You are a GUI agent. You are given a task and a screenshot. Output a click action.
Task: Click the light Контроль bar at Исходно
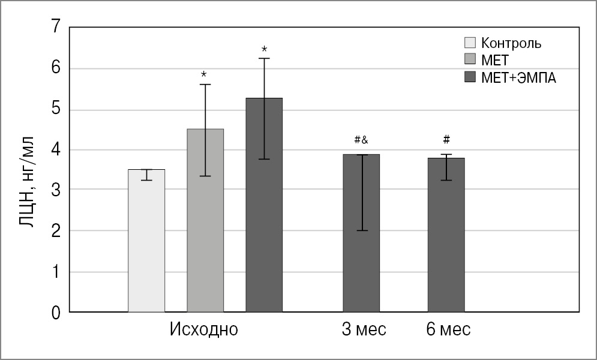pyautogui.click(x=146, y=241)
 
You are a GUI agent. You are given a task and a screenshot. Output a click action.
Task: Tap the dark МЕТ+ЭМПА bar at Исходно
pyautogui.click(x=264, y=205)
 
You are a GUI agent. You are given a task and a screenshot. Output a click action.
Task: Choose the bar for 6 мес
pyautogui.click(x=446, y=235)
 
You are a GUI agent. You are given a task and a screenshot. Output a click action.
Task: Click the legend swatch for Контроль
pyautogui.click(x=470, y=43)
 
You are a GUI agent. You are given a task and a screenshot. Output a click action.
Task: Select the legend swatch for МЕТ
pyautogui.click(x=470, y=60)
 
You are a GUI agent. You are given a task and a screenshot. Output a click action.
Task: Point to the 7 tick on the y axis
pyautogui.click(x=56, y=28)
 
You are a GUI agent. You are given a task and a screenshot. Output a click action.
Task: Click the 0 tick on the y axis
pyautogui.click(x=56, y=313)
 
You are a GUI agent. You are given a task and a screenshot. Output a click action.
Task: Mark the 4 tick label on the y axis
pyautogui.click(x=56, y=150)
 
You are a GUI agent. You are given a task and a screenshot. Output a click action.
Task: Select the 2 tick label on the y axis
pyautogui.click(x=56, y=232)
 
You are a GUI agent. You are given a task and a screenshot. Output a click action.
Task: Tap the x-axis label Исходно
pyautogui.click(x=204, y=330)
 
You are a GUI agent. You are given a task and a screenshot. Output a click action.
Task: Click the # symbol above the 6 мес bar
pyautogui.click(x=446, y=140)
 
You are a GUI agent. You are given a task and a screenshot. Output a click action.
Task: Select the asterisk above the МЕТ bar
pyautogui.click(x=205, y=75)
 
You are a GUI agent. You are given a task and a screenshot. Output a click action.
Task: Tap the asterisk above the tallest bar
pyautogui.click(x=264, y=49)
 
